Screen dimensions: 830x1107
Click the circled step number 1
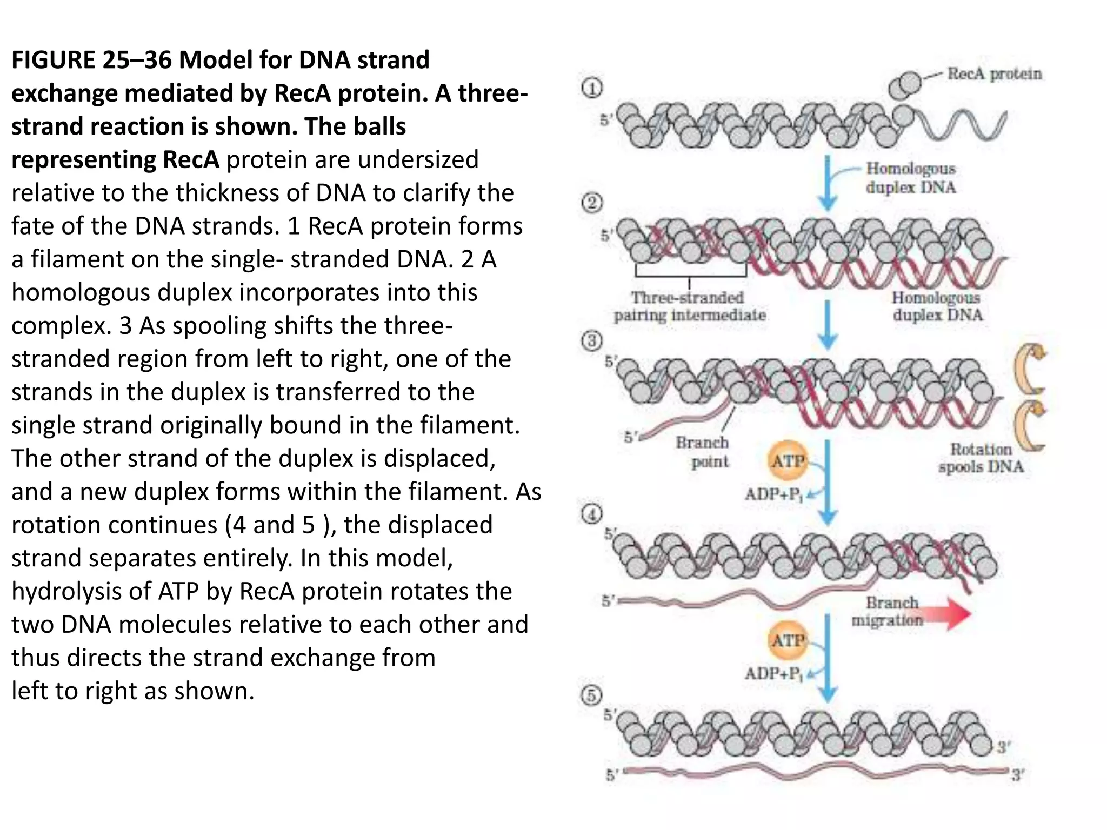592,88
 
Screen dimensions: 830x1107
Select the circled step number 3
592,342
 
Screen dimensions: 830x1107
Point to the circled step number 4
592,514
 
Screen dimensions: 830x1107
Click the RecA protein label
994,73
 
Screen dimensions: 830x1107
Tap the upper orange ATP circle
788,461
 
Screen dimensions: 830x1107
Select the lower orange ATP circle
788,641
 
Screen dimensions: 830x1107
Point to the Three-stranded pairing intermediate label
689,306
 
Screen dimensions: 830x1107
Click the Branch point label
703,452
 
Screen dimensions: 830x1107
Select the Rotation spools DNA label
981,458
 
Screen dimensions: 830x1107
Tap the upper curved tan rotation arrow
1030,370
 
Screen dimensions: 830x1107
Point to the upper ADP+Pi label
773,494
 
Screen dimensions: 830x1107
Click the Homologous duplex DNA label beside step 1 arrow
911,178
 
